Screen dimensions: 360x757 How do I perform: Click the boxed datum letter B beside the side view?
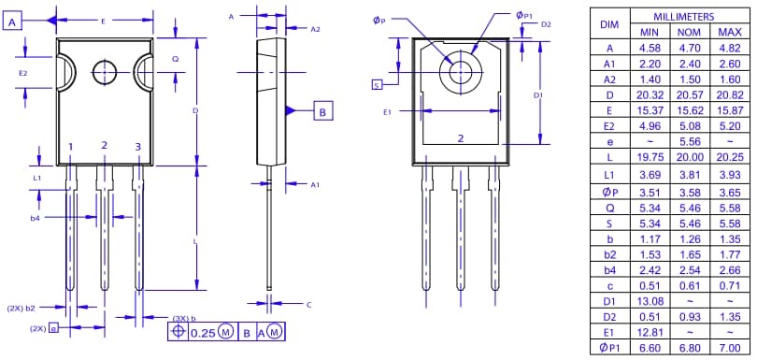[x=322, y=111]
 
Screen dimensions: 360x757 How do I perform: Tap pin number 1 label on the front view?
[x=70, y=147]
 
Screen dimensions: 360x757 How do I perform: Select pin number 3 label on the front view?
[x=137, y=147]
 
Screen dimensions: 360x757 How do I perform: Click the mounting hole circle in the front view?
[x=103, y=71]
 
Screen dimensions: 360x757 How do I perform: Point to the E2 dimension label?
[x=23, y=72]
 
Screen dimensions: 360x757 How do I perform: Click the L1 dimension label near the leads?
[x=36, y=177]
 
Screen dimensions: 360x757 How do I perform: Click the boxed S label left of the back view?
[x=377, y=85]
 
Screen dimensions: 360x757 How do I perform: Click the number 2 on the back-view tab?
[x=461, y=138]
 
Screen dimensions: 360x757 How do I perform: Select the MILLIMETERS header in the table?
[x=683, y=18]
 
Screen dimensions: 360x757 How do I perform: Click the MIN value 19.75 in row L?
[x=649, y=158]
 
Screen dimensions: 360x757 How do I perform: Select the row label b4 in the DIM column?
[x=609, y=269]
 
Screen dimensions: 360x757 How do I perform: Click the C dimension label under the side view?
[x=308, y=305]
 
